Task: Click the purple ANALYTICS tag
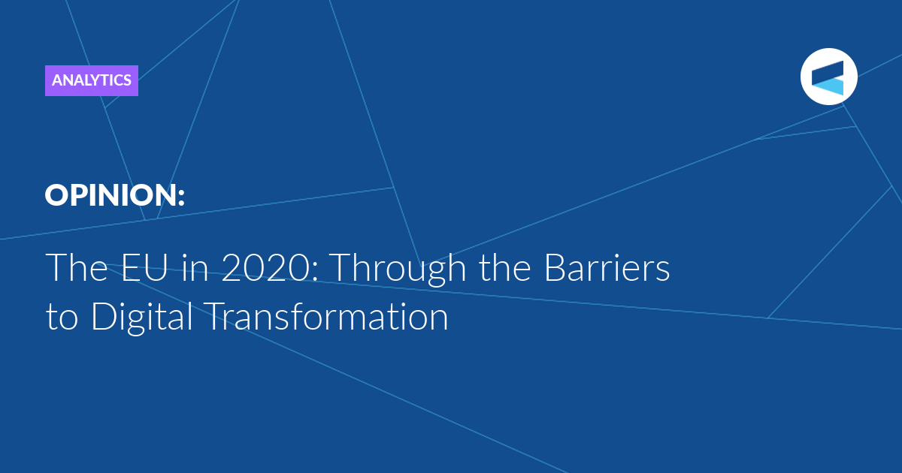point(92,80)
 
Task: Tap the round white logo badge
point(828,77)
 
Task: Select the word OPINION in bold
point(110,195)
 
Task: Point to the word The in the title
point(77,267)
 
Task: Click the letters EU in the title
point(144,267)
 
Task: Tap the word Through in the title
point(399,270)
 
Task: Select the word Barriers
point(607,267)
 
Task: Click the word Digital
point(142,318)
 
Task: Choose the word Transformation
point(326,317)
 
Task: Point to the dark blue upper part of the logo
point(828,72)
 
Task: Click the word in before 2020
point(195,267)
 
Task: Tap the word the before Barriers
point(504,267)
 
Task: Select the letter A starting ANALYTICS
point(59,80)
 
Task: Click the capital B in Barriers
point(555,267)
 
